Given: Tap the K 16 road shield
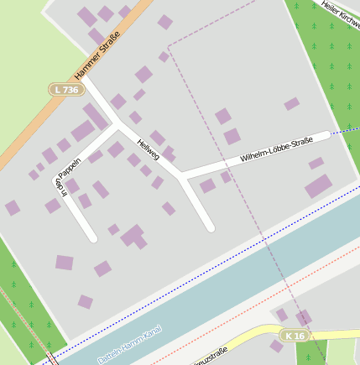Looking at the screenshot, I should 294,336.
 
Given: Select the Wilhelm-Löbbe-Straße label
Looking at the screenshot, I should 276,148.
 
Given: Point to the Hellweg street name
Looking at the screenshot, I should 148,149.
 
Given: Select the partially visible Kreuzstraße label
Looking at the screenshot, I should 211,357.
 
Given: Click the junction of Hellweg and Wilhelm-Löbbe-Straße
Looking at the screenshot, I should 181,175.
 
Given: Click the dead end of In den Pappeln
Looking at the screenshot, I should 92,238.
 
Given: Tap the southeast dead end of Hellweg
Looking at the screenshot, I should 211,227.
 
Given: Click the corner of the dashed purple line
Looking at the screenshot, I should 169,46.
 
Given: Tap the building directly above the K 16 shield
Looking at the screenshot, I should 303,317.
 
